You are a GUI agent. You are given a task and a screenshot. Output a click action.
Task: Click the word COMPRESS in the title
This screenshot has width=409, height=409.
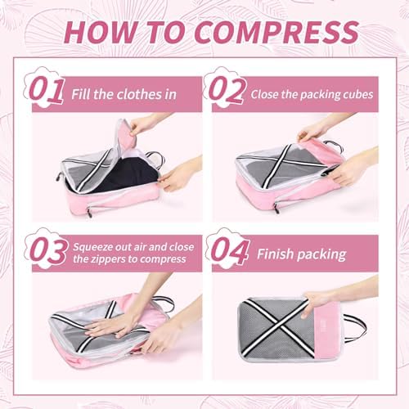(x=276, y=32)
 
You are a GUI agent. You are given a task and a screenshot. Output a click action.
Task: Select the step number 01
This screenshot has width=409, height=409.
(x=47, y=89)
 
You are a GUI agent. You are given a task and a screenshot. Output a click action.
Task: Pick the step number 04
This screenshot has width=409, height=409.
(x=230, y=250)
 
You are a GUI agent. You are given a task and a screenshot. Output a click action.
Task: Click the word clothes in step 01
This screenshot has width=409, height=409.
(x=139, y=94)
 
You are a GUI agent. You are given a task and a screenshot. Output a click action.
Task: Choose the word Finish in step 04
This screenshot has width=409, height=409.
(x=275, y=254)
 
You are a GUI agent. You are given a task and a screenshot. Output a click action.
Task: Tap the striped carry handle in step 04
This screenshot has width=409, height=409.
(x=354, y=329)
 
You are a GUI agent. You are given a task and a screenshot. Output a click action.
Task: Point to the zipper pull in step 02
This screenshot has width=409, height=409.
(x=276, y=208)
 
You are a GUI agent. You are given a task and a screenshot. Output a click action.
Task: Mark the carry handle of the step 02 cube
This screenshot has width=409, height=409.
(x=334, y=145)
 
